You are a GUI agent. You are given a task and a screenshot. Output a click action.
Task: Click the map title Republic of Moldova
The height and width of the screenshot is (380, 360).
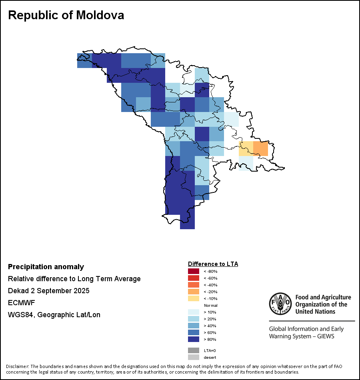click(66, 15)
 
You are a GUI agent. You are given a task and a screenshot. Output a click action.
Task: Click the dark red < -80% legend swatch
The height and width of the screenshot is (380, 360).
click(194, 271)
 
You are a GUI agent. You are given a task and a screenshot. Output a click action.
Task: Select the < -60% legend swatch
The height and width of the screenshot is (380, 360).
click(194, 278)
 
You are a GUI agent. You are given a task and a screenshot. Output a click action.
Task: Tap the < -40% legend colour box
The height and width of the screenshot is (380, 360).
click(194, 285)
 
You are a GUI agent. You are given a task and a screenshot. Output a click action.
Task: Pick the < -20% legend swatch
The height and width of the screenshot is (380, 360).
click(194, 292)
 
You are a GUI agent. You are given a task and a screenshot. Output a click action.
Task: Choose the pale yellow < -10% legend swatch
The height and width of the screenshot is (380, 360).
click(194, 298)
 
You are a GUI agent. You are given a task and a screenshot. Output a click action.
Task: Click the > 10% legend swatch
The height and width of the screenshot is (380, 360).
click(194, 312)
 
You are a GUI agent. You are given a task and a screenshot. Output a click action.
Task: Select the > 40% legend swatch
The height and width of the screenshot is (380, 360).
click(194, 326)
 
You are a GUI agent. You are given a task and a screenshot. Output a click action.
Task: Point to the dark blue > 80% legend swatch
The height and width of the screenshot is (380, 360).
click(194, 339)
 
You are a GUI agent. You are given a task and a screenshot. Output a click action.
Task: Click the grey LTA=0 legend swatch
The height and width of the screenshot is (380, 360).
click(194, 350)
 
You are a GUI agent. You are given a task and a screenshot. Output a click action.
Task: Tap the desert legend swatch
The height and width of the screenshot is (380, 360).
click(194, 357)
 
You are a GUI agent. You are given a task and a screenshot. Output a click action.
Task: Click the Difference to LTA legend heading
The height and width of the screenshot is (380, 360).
click(213, 264)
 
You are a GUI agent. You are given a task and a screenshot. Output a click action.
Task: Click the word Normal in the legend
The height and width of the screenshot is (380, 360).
click(210, 305)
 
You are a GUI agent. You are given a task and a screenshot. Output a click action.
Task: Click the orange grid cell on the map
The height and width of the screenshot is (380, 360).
click(260, 148)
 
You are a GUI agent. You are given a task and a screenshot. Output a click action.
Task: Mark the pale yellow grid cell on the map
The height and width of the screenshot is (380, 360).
click(246, 148)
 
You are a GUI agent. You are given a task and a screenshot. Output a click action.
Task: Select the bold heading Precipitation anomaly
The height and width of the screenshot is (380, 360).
click(46, 267)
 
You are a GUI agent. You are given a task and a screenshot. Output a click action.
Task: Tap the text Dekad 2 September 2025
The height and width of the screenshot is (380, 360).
click(49, 291)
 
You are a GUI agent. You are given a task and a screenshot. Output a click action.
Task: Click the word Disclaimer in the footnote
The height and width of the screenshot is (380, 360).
click(17, 366)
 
